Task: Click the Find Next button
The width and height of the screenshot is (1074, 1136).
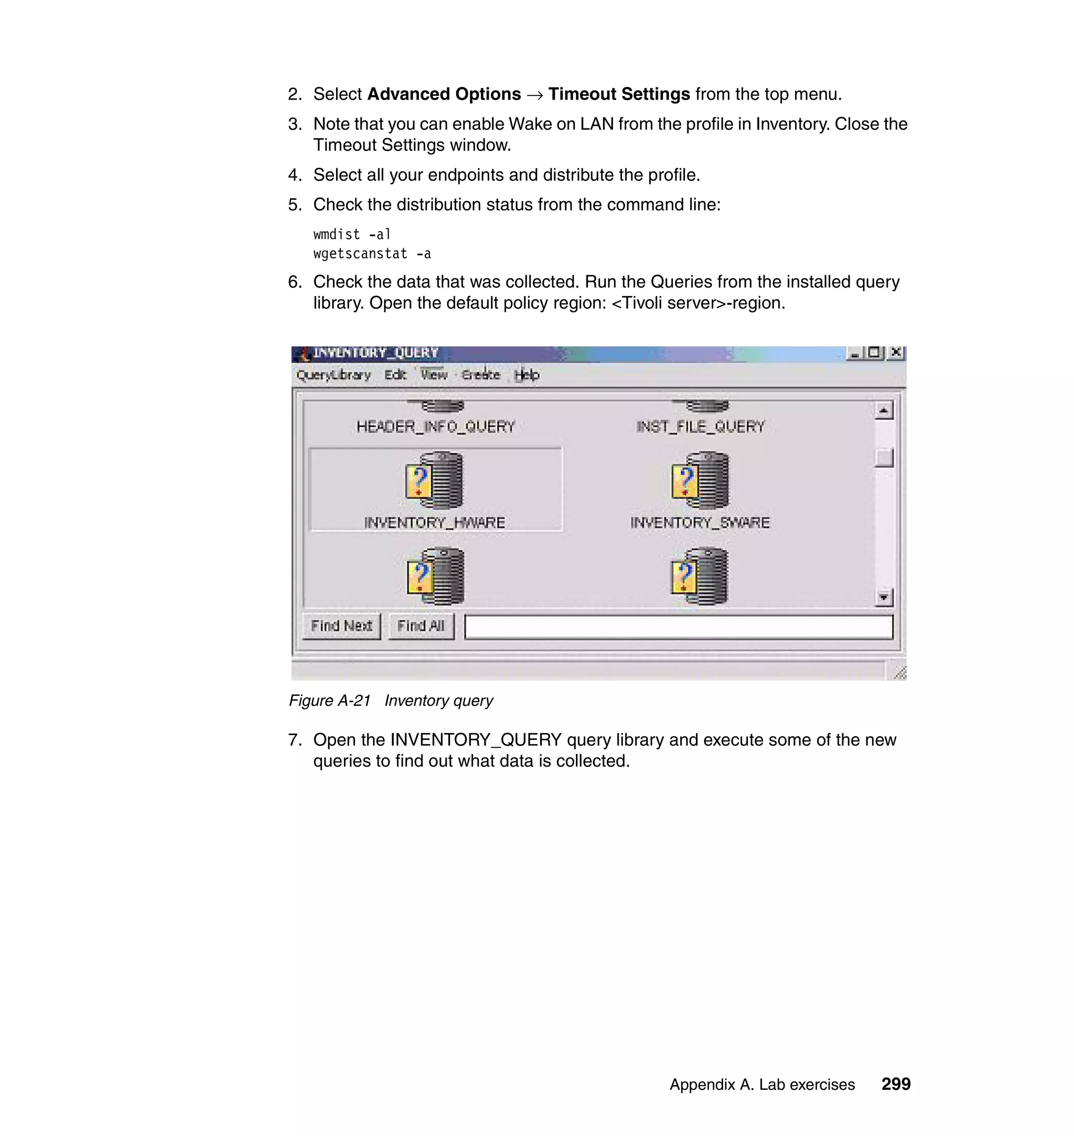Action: tap(341, 626)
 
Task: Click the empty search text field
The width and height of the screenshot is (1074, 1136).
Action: tap(679, 627)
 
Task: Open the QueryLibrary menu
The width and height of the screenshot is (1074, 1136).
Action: tap(333, 375)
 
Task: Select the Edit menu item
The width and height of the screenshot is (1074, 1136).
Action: tap(395, 375)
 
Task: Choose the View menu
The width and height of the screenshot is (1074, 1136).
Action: tap(434, 375)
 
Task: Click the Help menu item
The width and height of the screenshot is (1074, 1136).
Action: tap(526, 375)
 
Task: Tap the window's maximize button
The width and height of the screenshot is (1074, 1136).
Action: tap(874, 353)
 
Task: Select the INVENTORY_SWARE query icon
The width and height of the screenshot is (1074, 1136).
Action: tap(700, 480)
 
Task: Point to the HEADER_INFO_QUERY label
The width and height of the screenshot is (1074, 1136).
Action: tap(436, 427)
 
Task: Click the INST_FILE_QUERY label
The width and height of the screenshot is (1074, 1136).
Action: tap(700, 427)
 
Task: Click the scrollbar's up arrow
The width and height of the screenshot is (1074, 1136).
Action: tap(884, 411)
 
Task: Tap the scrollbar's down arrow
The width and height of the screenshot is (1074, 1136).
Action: tap(884, 598)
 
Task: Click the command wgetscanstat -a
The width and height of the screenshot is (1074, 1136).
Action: tap(372, 254)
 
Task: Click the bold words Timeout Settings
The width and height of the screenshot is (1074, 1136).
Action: tap(619, 94)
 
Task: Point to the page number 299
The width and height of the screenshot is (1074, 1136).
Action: tap(895, 1084)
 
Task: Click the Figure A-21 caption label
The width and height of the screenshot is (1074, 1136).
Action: tap(330, 701)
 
